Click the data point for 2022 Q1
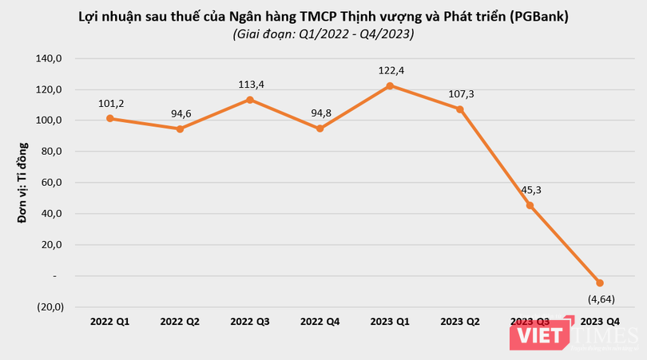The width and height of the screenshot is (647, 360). [110, 118]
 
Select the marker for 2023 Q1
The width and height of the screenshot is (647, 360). [390, 85]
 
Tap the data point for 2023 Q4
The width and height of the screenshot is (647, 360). [600, 283]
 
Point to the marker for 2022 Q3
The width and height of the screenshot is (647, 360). [250, 100]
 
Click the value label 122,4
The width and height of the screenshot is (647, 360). [390, 70]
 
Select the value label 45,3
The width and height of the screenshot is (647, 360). [530, 190]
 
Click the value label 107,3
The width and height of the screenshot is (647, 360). [461, 93]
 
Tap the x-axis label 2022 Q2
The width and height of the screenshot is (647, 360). [180, 321]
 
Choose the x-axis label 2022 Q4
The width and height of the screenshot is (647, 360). [320, 321]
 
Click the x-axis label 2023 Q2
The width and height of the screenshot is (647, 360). [459, 321]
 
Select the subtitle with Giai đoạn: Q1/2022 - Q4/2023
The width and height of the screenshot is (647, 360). [323, 34]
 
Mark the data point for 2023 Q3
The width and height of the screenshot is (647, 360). [530, 205]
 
